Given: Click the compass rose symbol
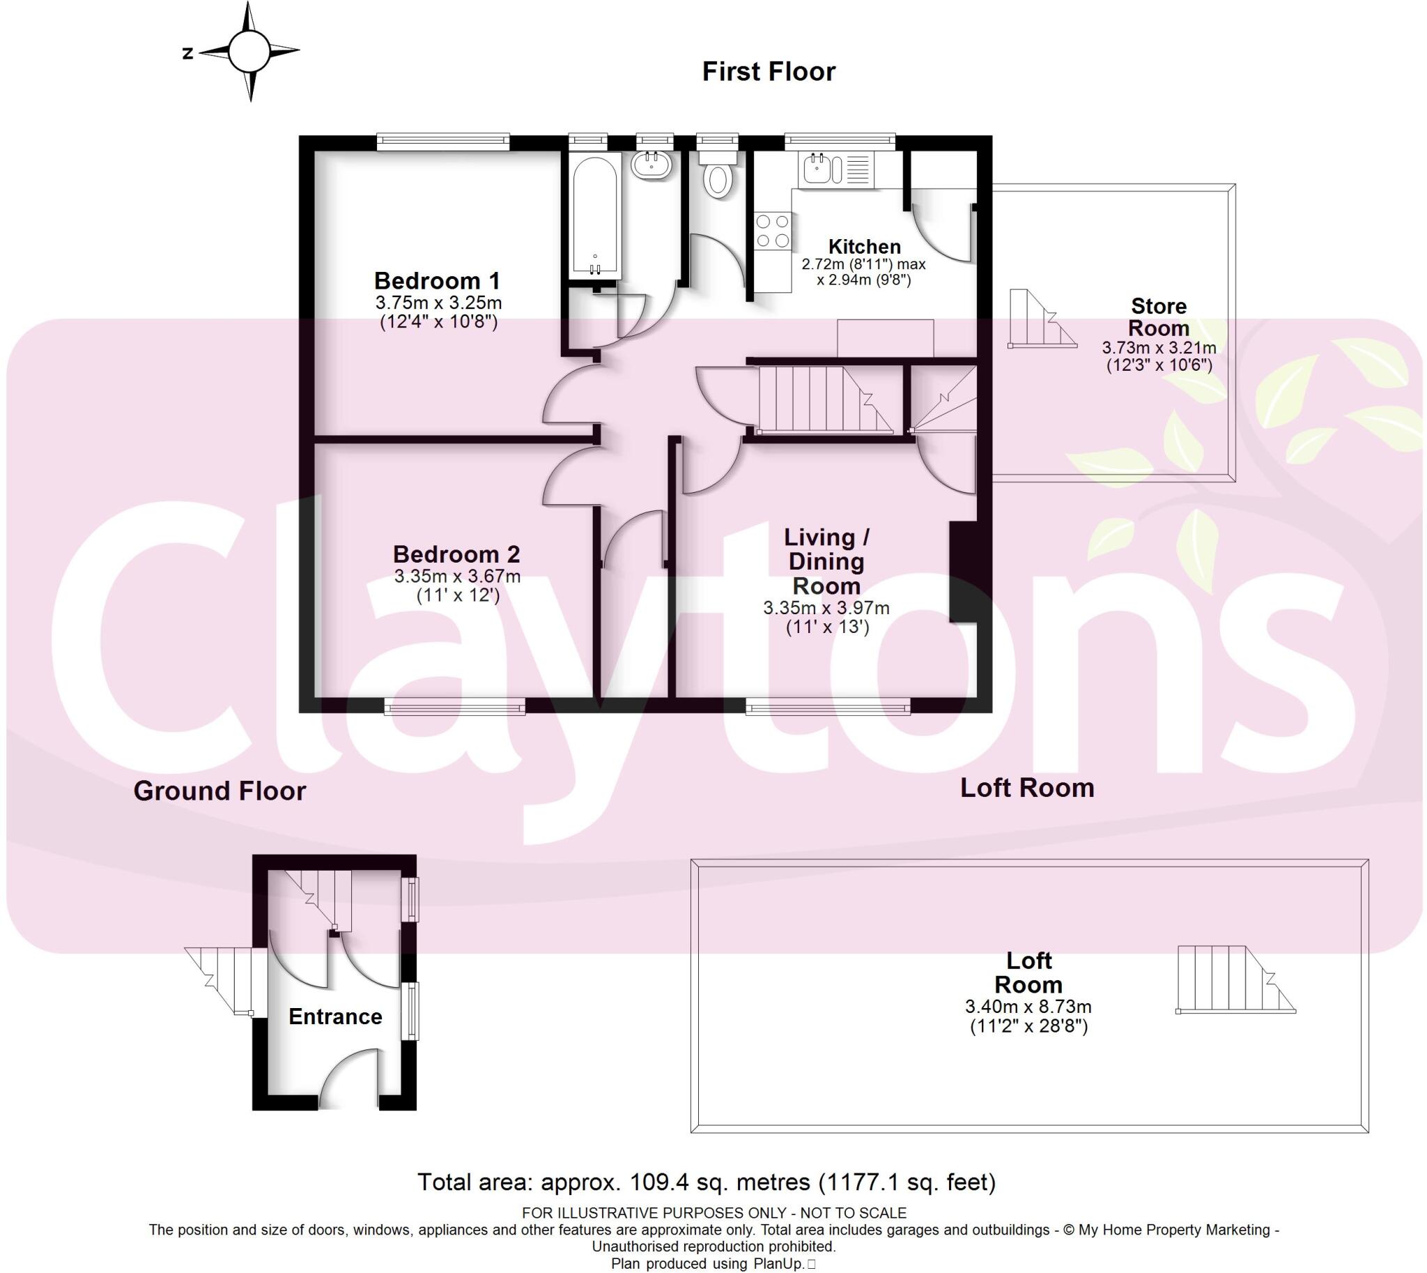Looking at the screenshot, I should (x=248, y=51).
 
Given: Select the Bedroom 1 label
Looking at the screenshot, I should (x=437, y=280).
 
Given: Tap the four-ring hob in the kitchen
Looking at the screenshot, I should (x=773, y=231).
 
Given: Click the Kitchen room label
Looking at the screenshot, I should (x=864, y=246).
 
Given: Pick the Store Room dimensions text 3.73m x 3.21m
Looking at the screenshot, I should (x=1159, y=348).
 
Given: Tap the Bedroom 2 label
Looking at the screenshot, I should (x=456, y=554).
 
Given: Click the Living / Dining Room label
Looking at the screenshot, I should (x=826, y=561).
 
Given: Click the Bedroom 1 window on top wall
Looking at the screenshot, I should (x=442, y=142).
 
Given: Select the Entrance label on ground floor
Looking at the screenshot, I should (x=335, y=1016).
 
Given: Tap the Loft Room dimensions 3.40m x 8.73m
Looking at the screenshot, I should (x=1028, y=1007).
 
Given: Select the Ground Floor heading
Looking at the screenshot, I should (x=219, y=791).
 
